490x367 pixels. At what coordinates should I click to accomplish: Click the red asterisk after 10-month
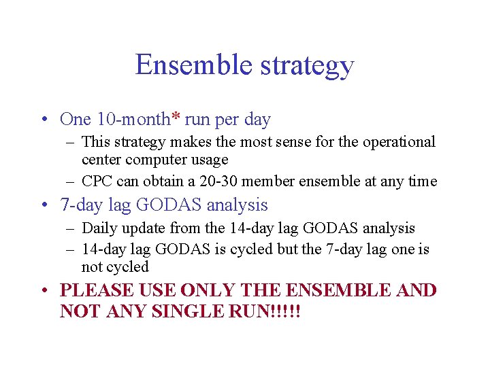pyautogui.click(x=176, y=118)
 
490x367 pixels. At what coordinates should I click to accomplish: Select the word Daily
pyautogui.click(x=99, y=228)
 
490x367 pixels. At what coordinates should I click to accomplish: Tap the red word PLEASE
pyautogui.click(x=95, y=290)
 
